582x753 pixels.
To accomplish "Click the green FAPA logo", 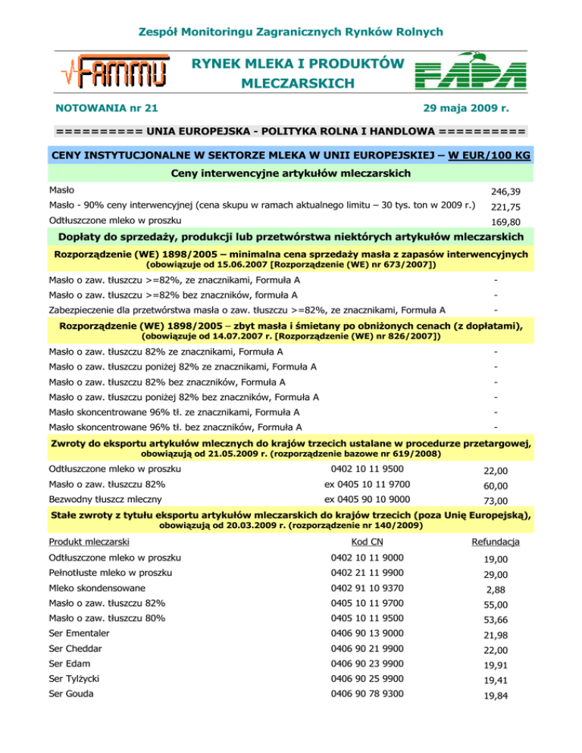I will coord(469,73).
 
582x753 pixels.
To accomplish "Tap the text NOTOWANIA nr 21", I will coord(107,109).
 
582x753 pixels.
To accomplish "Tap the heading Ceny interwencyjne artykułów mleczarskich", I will coord(291,174).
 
